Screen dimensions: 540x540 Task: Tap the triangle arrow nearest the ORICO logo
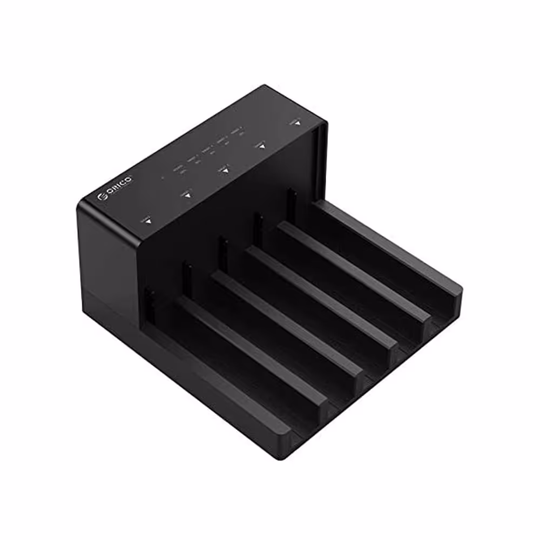click(x=147, y=220)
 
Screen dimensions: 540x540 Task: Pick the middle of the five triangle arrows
click(x=225, y=170)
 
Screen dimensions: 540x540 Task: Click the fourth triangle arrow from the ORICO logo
click(x=262, y=146)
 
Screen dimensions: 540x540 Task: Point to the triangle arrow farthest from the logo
click(x=295, y=124)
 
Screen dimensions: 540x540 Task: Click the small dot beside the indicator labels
click(x=163, y=176)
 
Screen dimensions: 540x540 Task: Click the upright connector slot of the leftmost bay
click(x=150, y=306)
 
